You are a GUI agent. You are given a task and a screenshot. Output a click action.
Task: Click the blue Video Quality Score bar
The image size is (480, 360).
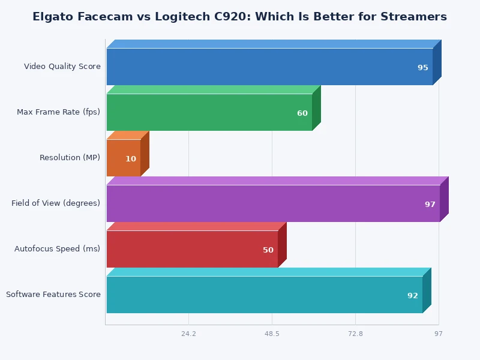point(269,67)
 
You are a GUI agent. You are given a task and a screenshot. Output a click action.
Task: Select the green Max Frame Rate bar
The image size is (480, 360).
point(209,112)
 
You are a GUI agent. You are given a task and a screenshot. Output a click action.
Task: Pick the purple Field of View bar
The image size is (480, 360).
point(273,203)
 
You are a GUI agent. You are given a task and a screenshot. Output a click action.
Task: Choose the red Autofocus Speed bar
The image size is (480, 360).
point(192,249)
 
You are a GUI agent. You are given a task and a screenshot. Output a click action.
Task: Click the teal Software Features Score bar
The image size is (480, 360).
point(265,295)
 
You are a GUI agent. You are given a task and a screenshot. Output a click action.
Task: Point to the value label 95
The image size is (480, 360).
point(423,68)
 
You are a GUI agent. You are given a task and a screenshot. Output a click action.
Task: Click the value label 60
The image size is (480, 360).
point(302,113)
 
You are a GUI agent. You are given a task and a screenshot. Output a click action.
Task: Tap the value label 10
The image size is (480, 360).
point(131,159)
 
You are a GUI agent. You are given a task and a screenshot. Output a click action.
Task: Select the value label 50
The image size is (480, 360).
point(268,250)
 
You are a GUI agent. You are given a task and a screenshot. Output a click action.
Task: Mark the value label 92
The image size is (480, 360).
point(413,296)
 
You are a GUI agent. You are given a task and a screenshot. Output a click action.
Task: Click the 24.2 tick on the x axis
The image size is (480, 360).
point(188,334)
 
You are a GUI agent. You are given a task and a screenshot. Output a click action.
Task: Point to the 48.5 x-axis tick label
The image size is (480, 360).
point(272,334)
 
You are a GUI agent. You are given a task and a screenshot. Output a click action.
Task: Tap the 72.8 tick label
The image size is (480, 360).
point(355,334)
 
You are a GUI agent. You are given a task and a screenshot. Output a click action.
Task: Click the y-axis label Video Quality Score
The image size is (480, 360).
point(62,67)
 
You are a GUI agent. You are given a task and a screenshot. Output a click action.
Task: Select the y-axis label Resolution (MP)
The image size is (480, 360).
point(70,158)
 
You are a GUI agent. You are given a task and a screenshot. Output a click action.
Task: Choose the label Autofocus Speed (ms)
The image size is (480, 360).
point(58,249)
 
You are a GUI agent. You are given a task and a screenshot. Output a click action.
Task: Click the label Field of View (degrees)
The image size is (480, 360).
point(56,203)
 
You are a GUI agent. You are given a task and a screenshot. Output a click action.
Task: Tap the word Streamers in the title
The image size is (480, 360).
point(414,17)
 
